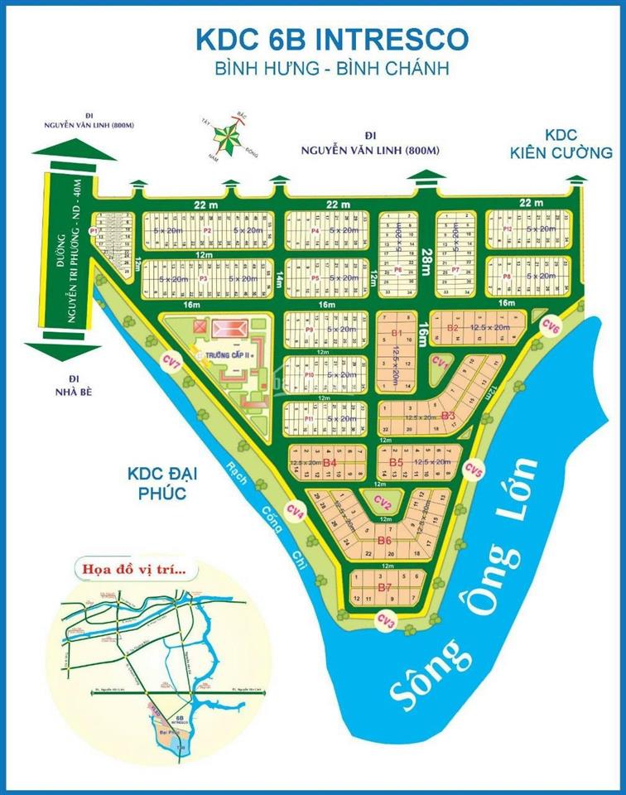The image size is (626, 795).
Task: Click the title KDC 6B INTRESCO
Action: (331, 38)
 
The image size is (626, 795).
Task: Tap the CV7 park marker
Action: (171, 361)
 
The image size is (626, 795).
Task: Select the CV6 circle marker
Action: (551, 326)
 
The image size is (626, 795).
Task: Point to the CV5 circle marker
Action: (473, 470)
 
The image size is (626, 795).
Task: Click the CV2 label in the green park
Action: (383, 502)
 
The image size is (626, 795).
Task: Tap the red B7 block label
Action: (384, 587)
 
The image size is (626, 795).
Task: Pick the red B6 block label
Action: (384, 540)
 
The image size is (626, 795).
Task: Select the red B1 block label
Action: (397, 333)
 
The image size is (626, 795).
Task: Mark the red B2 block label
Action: (452, 328)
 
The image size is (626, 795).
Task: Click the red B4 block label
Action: (330, 461)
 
